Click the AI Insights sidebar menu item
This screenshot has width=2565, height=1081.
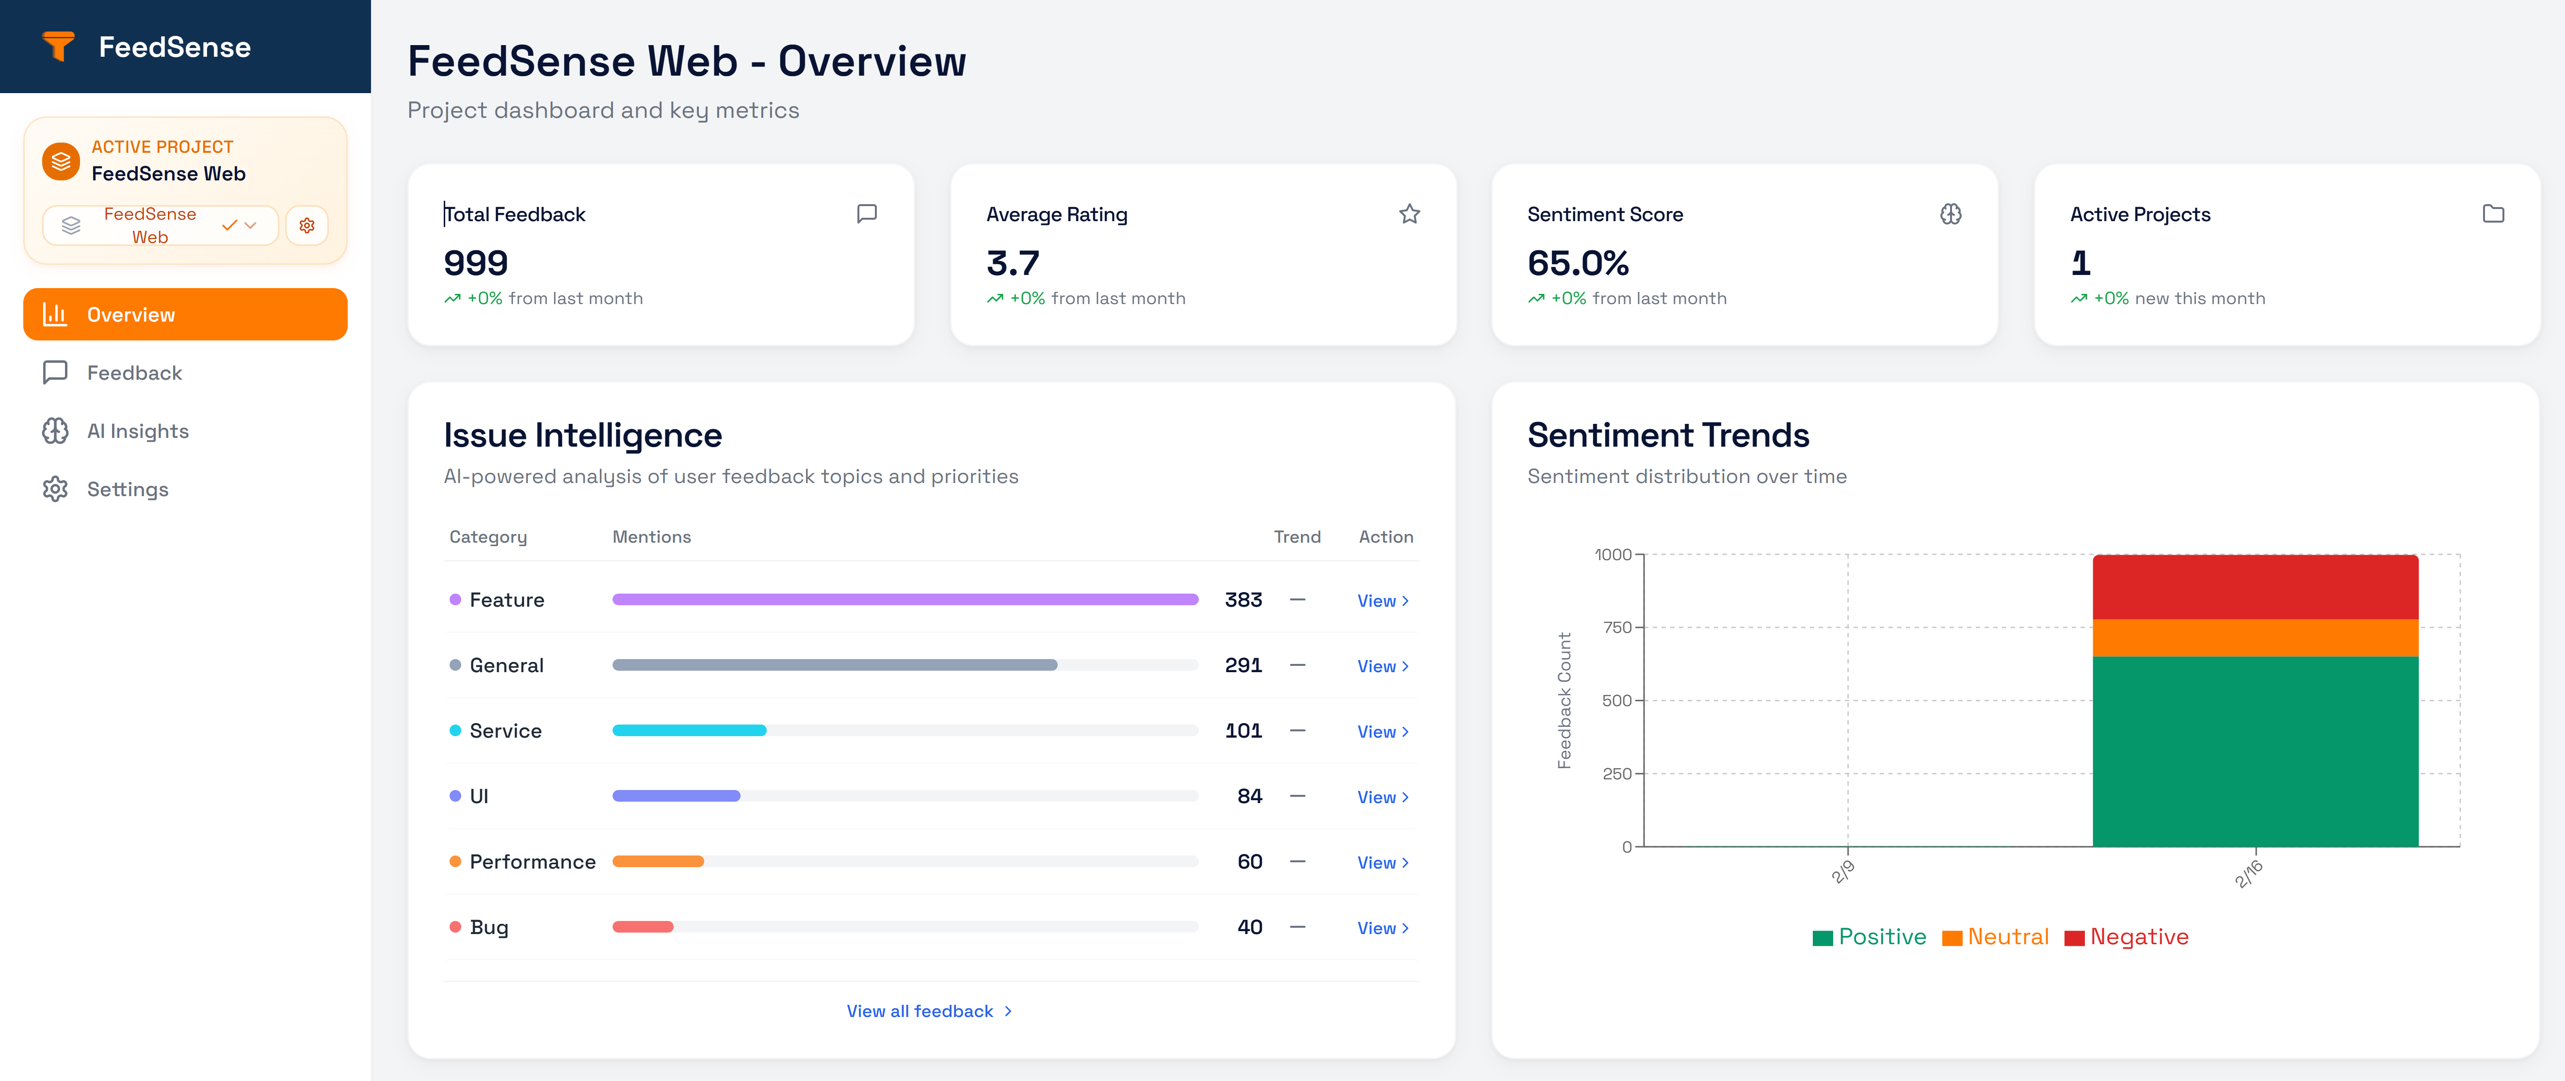click(137, 431)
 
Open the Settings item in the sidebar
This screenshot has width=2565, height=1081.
click(128, 489)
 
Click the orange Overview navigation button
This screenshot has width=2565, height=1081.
click(185, 315)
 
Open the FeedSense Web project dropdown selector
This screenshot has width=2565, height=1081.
click(160, 225)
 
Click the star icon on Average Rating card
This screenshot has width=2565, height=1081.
click(1409, 214)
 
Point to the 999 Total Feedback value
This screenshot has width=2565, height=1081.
click(476, 263)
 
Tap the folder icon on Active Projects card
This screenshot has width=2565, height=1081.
click(2493, 214)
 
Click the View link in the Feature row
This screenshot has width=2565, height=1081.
click(1382, 600)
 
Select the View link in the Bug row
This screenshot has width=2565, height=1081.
click(1382, 928)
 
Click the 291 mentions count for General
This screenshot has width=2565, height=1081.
click(1242, 665)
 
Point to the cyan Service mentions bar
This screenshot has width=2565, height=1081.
click(689, 731)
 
